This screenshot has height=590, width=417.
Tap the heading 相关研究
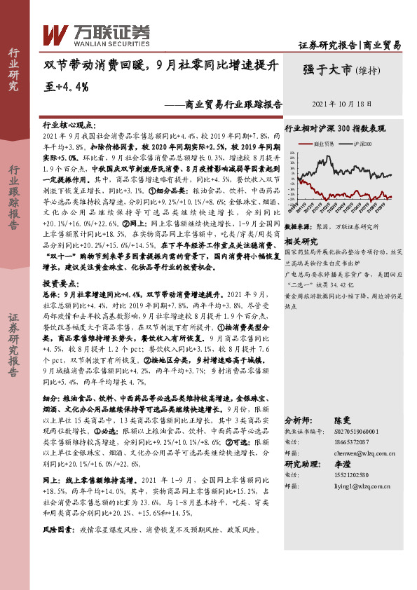click(302, 240)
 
